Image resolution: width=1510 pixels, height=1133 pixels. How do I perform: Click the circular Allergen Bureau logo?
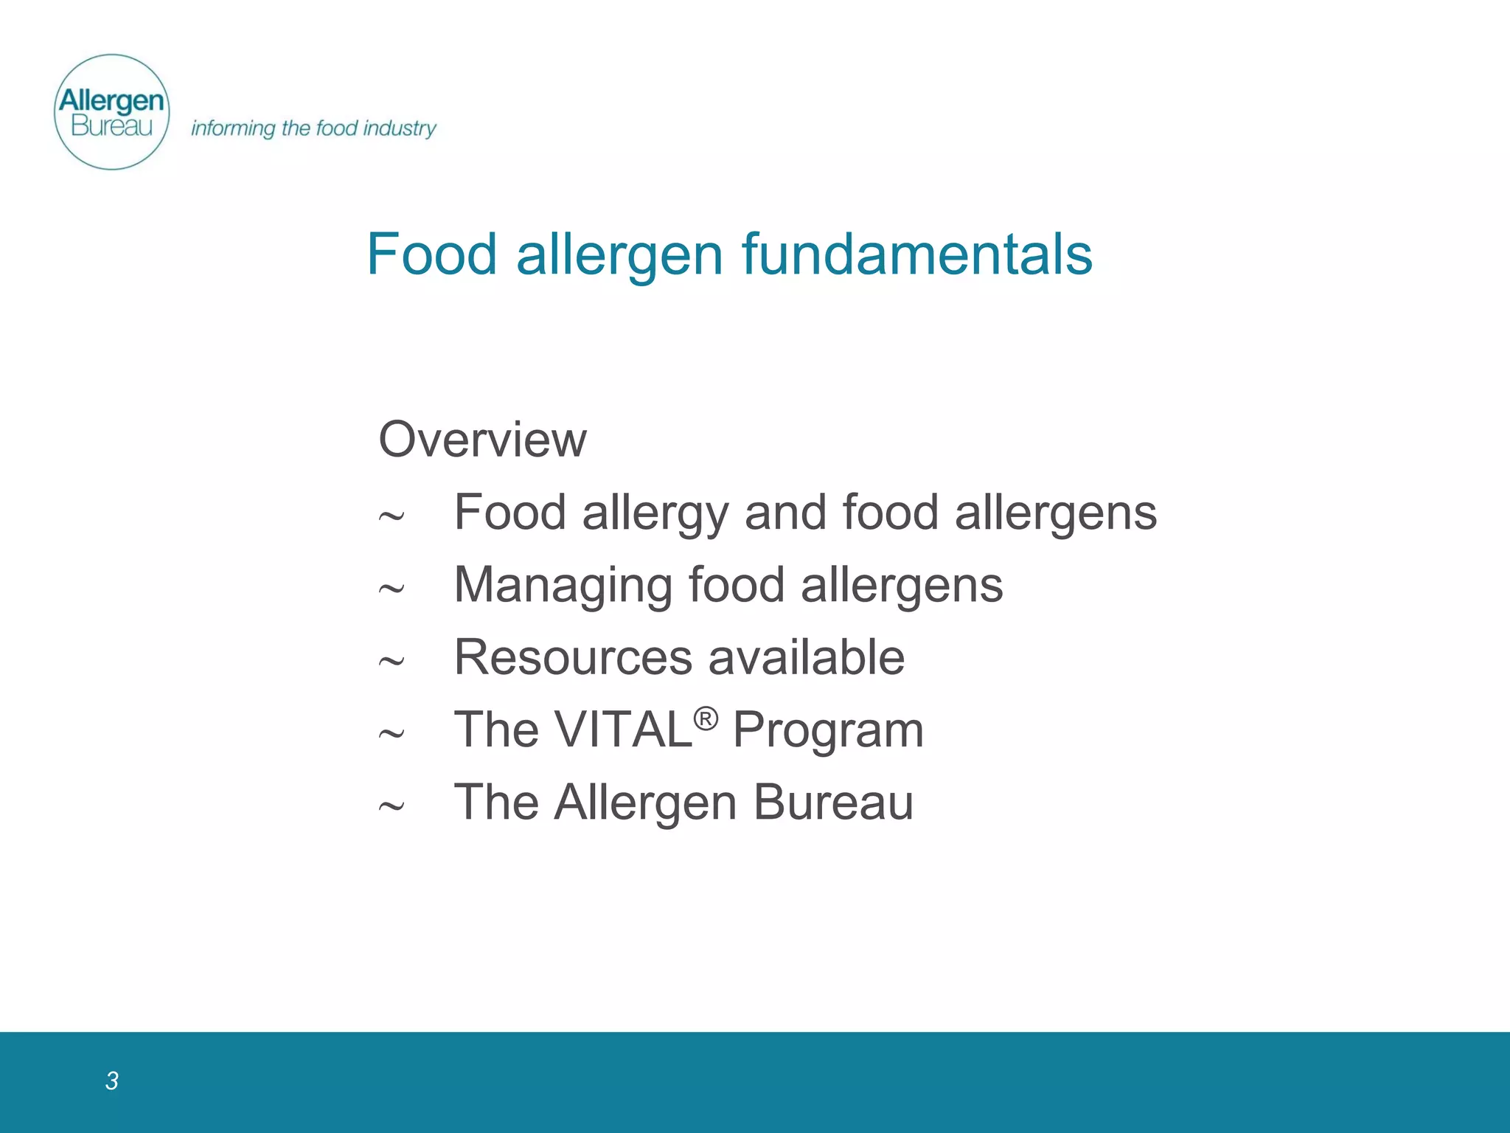coord(112,112)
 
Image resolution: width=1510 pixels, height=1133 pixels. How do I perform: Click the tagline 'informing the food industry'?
coord(313,128)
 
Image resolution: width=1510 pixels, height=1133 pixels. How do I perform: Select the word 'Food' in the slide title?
coord(432,254)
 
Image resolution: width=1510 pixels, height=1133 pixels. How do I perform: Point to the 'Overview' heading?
coord(482,440)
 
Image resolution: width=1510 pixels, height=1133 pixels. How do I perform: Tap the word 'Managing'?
coord(563,586)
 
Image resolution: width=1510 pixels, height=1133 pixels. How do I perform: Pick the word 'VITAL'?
coord(623,730)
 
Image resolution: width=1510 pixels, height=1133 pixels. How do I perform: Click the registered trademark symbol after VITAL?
coord(706,718)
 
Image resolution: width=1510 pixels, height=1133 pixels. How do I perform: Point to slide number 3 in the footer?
coord(111,1081)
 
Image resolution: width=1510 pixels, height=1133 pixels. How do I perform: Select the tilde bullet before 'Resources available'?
coord(391,661)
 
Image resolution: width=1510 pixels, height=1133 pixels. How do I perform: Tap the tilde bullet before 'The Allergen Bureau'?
coord(391,806)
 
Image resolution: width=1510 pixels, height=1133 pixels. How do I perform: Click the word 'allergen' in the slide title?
coord(619,255)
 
